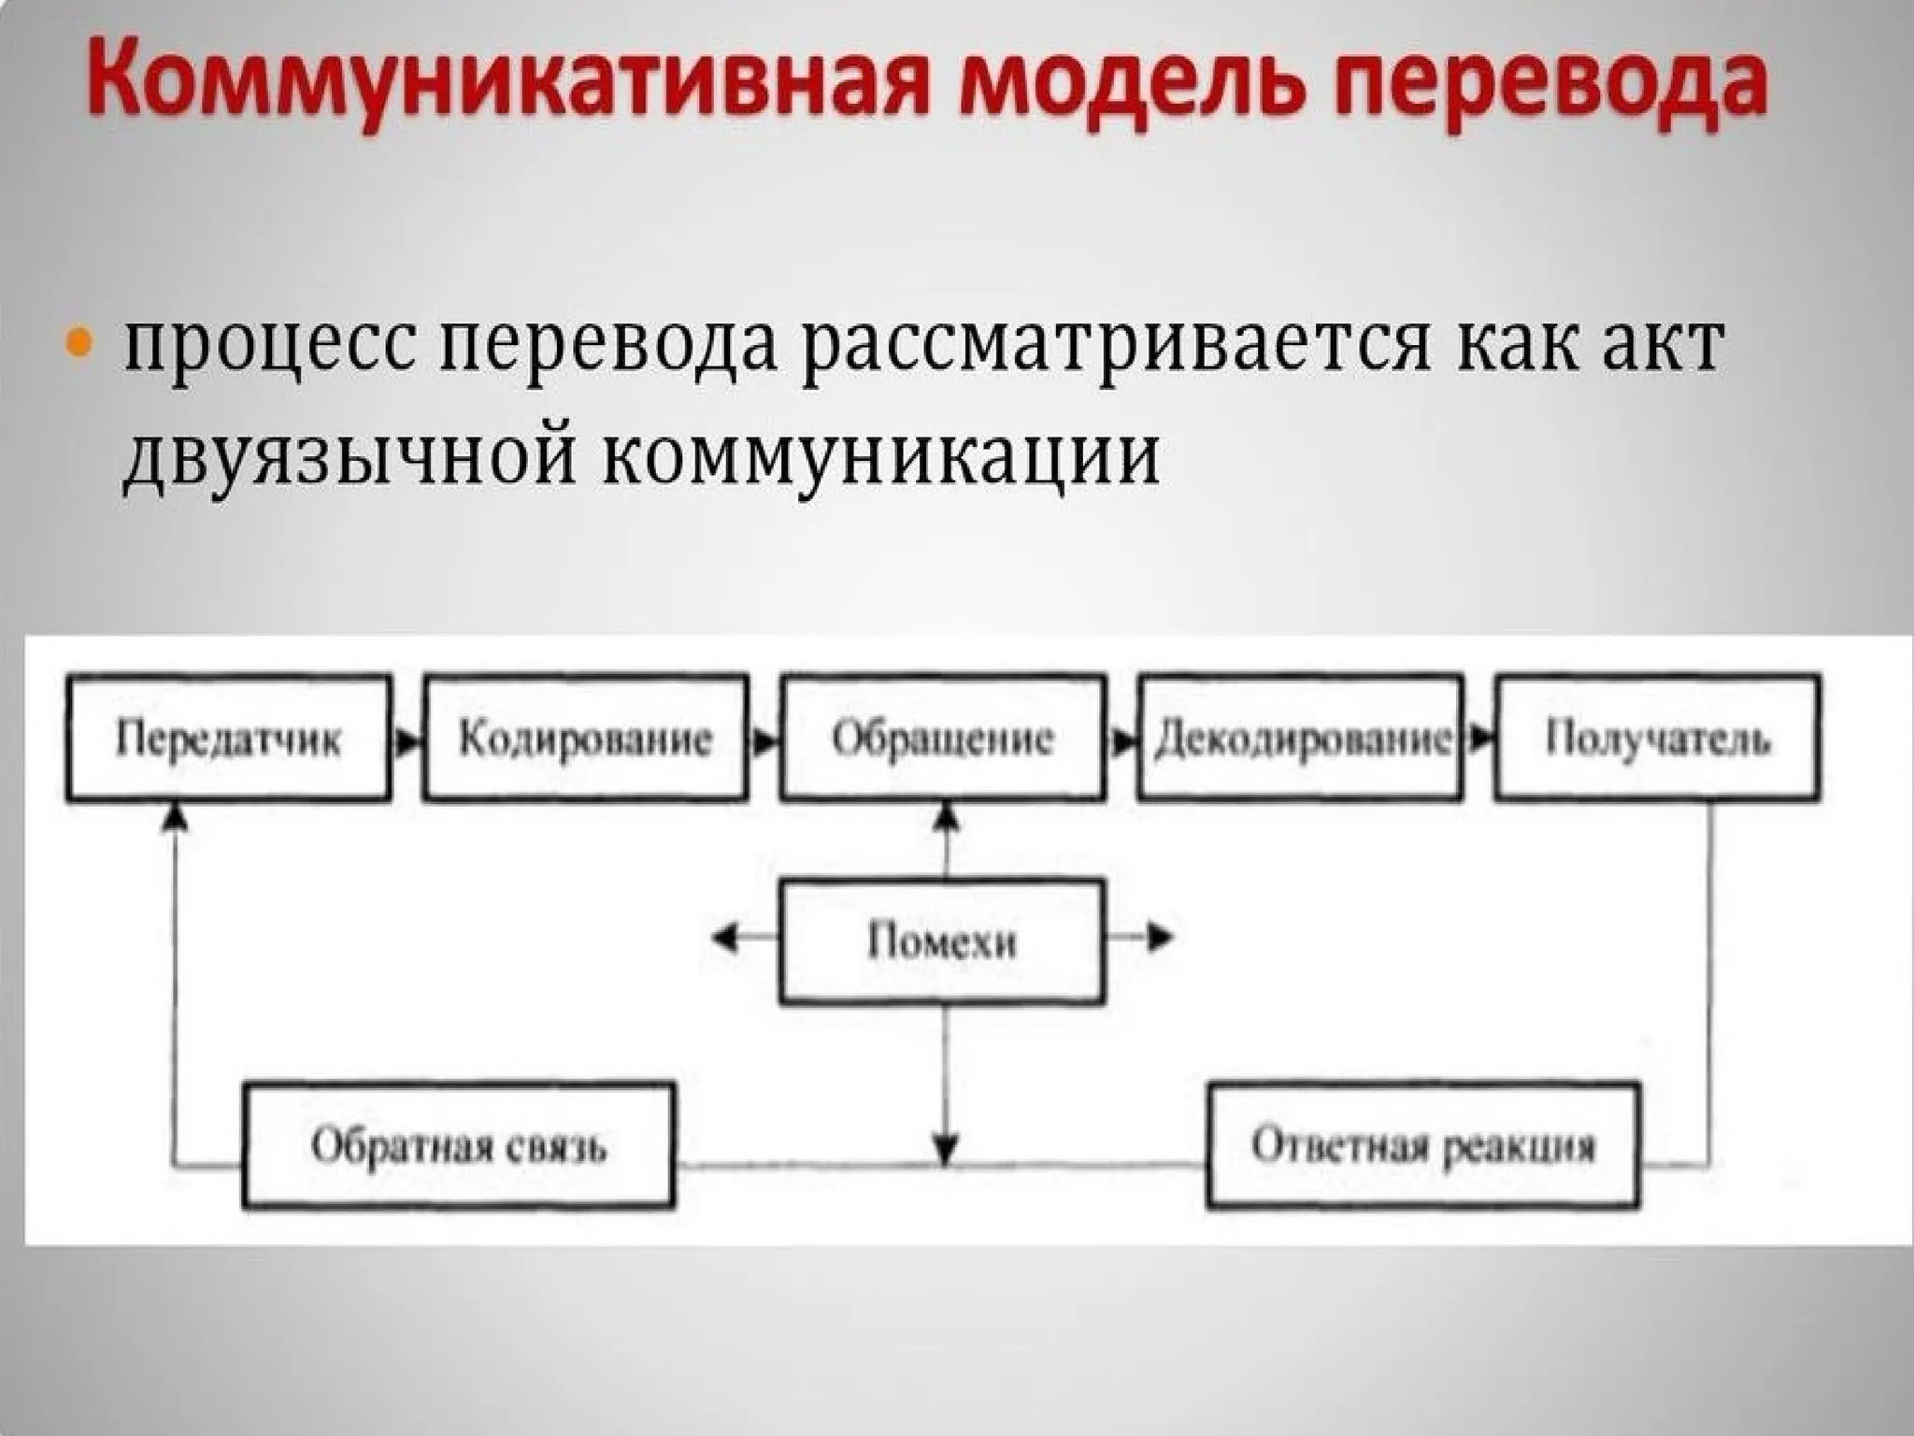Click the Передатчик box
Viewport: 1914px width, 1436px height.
pos(229,739)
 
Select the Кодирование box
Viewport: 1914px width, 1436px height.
pos(586,739)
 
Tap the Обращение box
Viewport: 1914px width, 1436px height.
pos(943,739)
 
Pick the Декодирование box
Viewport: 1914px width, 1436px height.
pos(1300,739)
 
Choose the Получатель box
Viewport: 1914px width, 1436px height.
pos(1657,739)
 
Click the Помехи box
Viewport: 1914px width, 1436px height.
pos(942,941)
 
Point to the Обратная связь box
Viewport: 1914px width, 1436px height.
pos(458,1146)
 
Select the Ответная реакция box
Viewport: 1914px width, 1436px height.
pos(1423,1146)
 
